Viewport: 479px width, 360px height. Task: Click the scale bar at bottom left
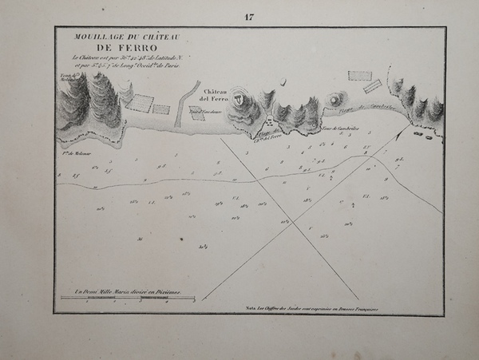pyautogui.click(x=128, y=299)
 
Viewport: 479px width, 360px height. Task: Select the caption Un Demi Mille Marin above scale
pyautogui.click(x=127, y=291)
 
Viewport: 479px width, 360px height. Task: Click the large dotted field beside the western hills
pyautogui.click(x=141, y=102)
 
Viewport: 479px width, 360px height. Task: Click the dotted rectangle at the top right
pyautogui.click(x=360, y=76)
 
